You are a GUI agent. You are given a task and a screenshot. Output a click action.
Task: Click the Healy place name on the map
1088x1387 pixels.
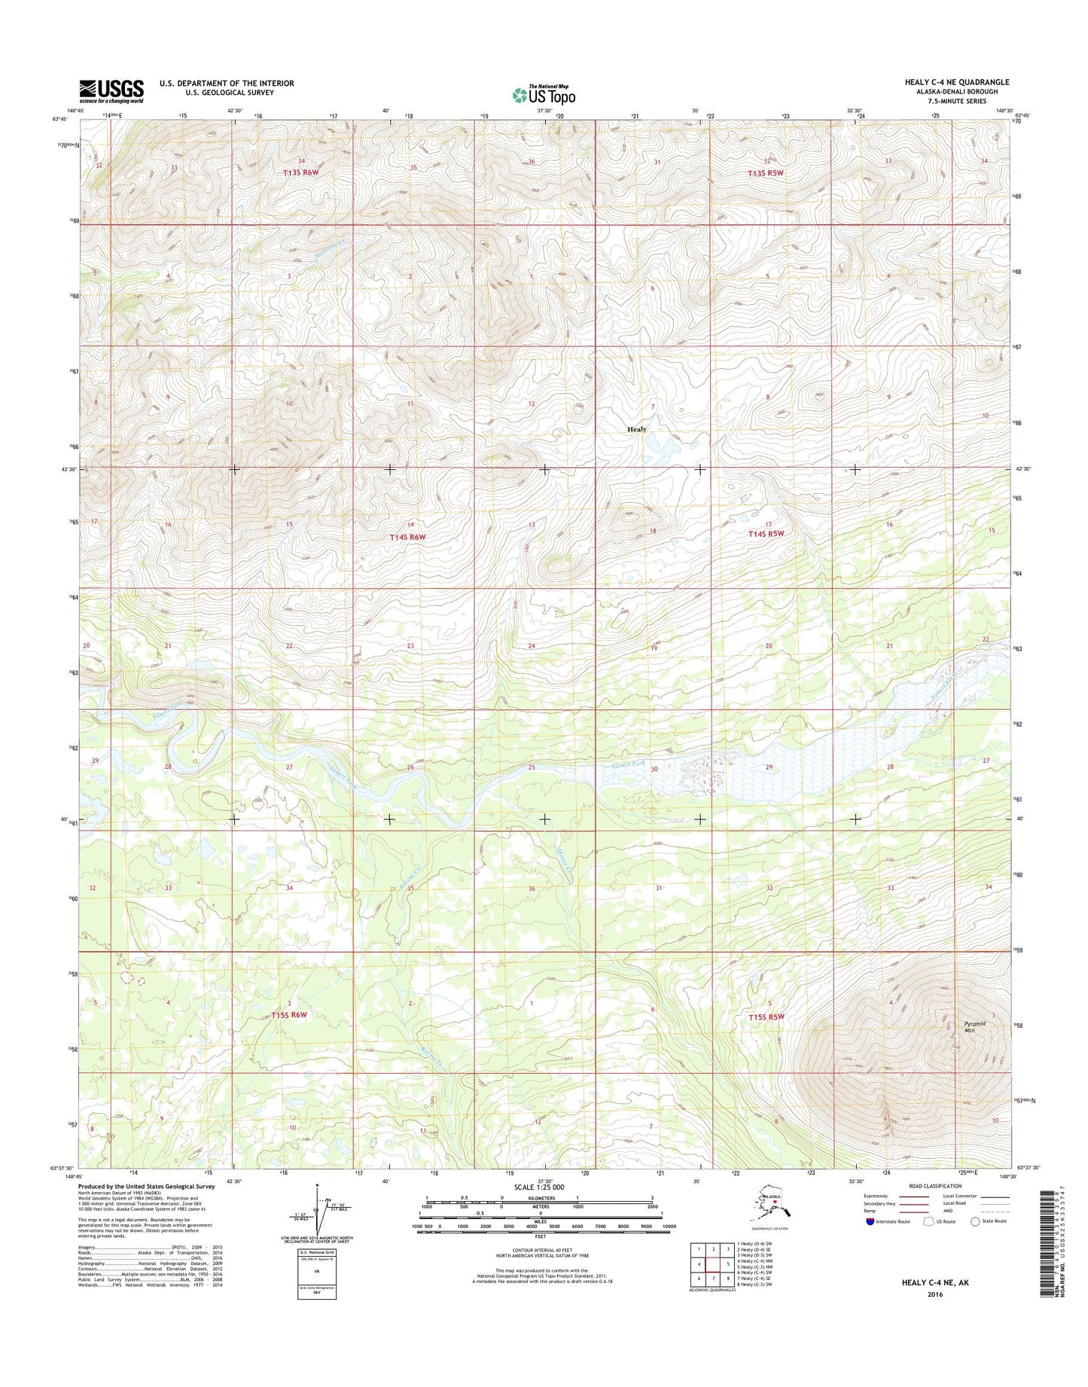tap(637, 429)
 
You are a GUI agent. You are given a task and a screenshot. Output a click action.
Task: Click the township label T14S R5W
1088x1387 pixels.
tap(766, 533)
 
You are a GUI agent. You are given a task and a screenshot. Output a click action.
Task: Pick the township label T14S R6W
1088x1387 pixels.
tap(407, 537)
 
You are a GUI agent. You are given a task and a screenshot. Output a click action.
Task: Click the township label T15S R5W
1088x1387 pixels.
tap(766, 1017)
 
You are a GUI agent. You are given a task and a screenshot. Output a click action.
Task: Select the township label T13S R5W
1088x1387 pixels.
tap(766, 173)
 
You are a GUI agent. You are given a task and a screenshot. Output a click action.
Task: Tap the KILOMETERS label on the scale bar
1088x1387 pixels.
tap(539, 1198)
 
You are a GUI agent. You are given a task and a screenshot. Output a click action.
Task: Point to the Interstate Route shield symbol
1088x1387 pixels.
tap(871, 1221)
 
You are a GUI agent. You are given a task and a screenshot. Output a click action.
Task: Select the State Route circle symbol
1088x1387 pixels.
tap(977, 1221)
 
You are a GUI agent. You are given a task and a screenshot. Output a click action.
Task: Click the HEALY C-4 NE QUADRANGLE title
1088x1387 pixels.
tap(956, 82)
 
